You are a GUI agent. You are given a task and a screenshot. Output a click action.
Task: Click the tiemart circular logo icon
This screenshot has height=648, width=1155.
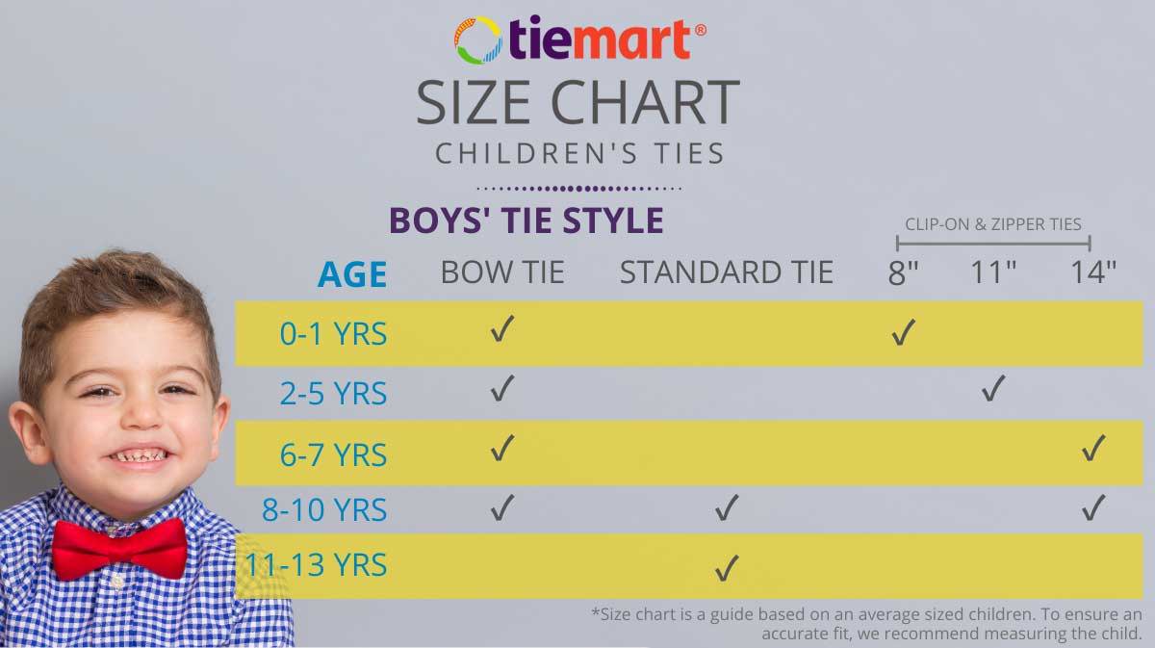(478, 40)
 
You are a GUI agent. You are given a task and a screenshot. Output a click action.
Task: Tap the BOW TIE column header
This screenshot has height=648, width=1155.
(502, 272)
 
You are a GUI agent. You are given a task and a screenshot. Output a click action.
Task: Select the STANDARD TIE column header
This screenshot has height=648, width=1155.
(727, 272)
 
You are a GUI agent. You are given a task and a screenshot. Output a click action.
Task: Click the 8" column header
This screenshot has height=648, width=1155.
(904, 272)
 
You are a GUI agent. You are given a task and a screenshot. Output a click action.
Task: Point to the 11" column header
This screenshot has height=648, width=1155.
(993, 272)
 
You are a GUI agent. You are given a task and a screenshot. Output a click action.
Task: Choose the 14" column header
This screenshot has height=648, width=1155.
(1093, 272)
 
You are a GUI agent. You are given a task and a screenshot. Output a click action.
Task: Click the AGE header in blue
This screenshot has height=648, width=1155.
(352, 274)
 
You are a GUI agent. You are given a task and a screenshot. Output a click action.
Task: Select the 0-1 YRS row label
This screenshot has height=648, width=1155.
(333, 334)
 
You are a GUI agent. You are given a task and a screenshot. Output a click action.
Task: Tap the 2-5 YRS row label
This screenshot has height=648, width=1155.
(333, 394)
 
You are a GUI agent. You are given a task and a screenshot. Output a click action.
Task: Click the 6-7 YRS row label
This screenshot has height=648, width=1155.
(333, 454)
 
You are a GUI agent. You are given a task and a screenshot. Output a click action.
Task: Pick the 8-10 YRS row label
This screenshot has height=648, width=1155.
(324, 509)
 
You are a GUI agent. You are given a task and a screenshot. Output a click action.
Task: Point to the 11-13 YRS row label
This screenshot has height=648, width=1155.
(316, 564)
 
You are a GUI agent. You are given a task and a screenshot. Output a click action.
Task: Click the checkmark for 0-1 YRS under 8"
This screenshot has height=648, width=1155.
(904, 332)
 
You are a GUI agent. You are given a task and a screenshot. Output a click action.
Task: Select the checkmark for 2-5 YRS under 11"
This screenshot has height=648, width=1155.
(993, 388)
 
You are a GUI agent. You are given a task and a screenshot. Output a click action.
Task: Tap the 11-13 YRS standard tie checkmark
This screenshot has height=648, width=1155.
(727, 568)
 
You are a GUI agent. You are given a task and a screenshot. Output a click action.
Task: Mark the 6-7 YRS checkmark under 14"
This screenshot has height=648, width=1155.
(1093, 448)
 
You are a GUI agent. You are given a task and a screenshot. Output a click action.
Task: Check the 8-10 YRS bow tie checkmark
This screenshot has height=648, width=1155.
(502, 507)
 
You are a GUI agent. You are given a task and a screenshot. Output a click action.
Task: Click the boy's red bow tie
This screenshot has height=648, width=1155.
(119, 549)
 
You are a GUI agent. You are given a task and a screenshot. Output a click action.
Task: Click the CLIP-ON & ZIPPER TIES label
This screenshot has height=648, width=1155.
(993, 224)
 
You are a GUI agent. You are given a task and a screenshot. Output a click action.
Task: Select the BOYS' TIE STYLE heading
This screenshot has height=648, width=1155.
(526, 220)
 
